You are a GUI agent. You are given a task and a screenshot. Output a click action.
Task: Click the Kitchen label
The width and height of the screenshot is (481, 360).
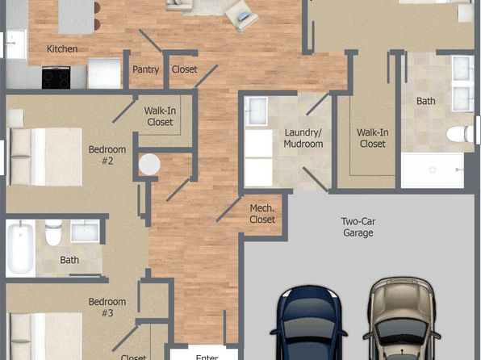pos(62,48)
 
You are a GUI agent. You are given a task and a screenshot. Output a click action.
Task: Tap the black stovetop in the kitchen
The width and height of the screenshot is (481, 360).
pos(56,77)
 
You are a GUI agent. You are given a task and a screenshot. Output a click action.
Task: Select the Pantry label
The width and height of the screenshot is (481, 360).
pos(145,69)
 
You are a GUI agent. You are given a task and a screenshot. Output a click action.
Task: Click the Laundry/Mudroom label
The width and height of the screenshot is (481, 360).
pos(303,138)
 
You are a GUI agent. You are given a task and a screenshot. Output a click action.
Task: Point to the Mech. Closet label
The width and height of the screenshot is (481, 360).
pos(262,214)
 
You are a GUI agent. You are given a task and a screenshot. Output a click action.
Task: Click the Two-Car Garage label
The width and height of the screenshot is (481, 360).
pos(358,227)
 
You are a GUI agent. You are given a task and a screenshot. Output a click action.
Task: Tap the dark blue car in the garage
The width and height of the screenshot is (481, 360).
pos(308,323)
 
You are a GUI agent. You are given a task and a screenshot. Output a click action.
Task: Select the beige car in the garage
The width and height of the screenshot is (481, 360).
pos(401,319)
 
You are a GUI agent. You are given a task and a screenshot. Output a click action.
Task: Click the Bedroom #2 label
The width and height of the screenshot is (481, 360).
pos(107,155)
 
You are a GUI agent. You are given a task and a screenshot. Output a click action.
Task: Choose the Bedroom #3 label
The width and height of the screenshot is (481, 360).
pos(107,308)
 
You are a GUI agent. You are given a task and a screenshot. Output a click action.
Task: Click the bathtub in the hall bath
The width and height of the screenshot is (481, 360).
pos(20,249)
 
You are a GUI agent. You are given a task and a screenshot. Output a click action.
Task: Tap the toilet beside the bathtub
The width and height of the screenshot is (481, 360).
pos(53,232)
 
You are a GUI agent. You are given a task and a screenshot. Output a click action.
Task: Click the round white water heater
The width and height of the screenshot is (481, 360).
pos(149,165)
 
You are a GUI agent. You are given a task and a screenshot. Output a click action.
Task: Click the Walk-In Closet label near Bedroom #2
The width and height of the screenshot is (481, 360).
pos(160,116)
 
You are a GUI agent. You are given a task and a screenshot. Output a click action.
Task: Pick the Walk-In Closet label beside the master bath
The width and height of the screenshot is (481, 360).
pos(372,138)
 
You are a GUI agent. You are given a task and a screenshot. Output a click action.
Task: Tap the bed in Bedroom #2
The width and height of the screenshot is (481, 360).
pos(46,157)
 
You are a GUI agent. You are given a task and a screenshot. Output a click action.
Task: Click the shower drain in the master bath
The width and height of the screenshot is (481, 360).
pos(433,170)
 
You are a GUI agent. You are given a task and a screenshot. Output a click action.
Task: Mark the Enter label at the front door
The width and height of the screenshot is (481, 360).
pos(207,358)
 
